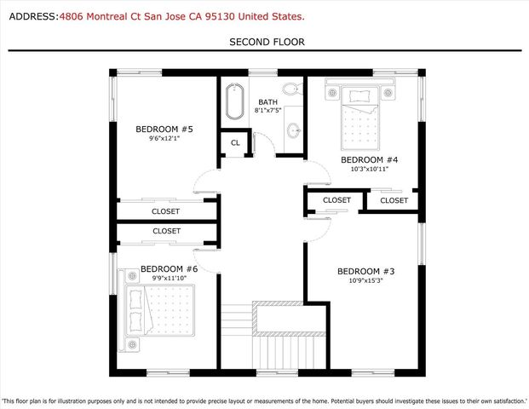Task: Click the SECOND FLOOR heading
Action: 267,42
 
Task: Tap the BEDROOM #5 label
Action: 164,130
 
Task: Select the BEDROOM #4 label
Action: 370,160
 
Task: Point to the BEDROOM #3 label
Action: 366,271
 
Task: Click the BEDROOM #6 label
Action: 169,269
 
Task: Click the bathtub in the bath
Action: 234,101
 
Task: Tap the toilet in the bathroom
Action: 292,89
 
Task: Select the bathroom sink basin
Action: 294,130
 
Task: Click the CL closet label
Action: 235,143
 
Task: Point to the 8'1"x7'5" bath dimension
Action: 267,110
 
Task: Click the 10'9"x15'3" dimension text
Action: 365,280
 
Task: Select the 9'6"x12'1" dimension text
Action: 164,138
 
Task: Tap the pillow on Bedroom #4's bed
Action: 359,95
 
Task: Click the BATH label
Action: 267,102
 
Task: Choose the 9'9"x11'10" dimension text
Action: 169,278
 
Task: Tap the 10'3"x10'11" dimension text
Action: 370,169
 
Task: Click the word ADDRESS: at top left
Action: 34,16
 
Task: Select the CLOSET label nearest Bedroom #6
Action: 167,231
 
